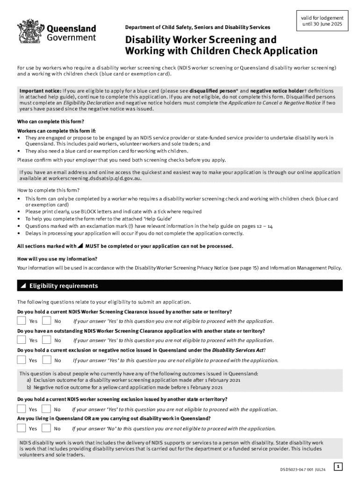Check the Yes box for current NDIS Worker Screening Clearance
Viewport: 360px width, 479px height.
pos(22,321)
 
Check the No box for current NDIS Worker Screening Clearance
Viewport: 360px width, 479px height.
pos(46,321)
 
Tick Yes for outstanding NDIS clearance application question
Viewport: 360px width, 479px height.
pos(22,340)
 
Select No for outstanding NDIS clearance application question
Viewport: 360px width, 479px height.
pos(46,340)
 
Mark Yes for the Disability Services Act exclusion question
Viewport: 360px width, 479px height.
pos(22,360)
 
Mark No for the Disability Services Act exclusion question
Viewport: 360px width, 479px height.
pos(46,360)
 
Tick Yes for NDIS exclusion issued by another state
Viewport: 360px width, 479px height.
pos(22,409)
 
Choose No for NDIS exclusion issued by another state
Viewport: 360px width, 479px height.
pos(46,409)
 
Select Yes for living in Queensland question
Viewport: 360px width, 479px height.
pos(22,428)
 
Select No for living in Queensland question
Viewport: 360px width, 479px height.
pos(46,428)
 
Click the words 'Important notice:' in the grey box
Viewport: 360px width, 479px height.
pos(40,90)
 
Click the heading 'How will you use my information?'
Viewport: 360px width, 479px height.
pos(57,259)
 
